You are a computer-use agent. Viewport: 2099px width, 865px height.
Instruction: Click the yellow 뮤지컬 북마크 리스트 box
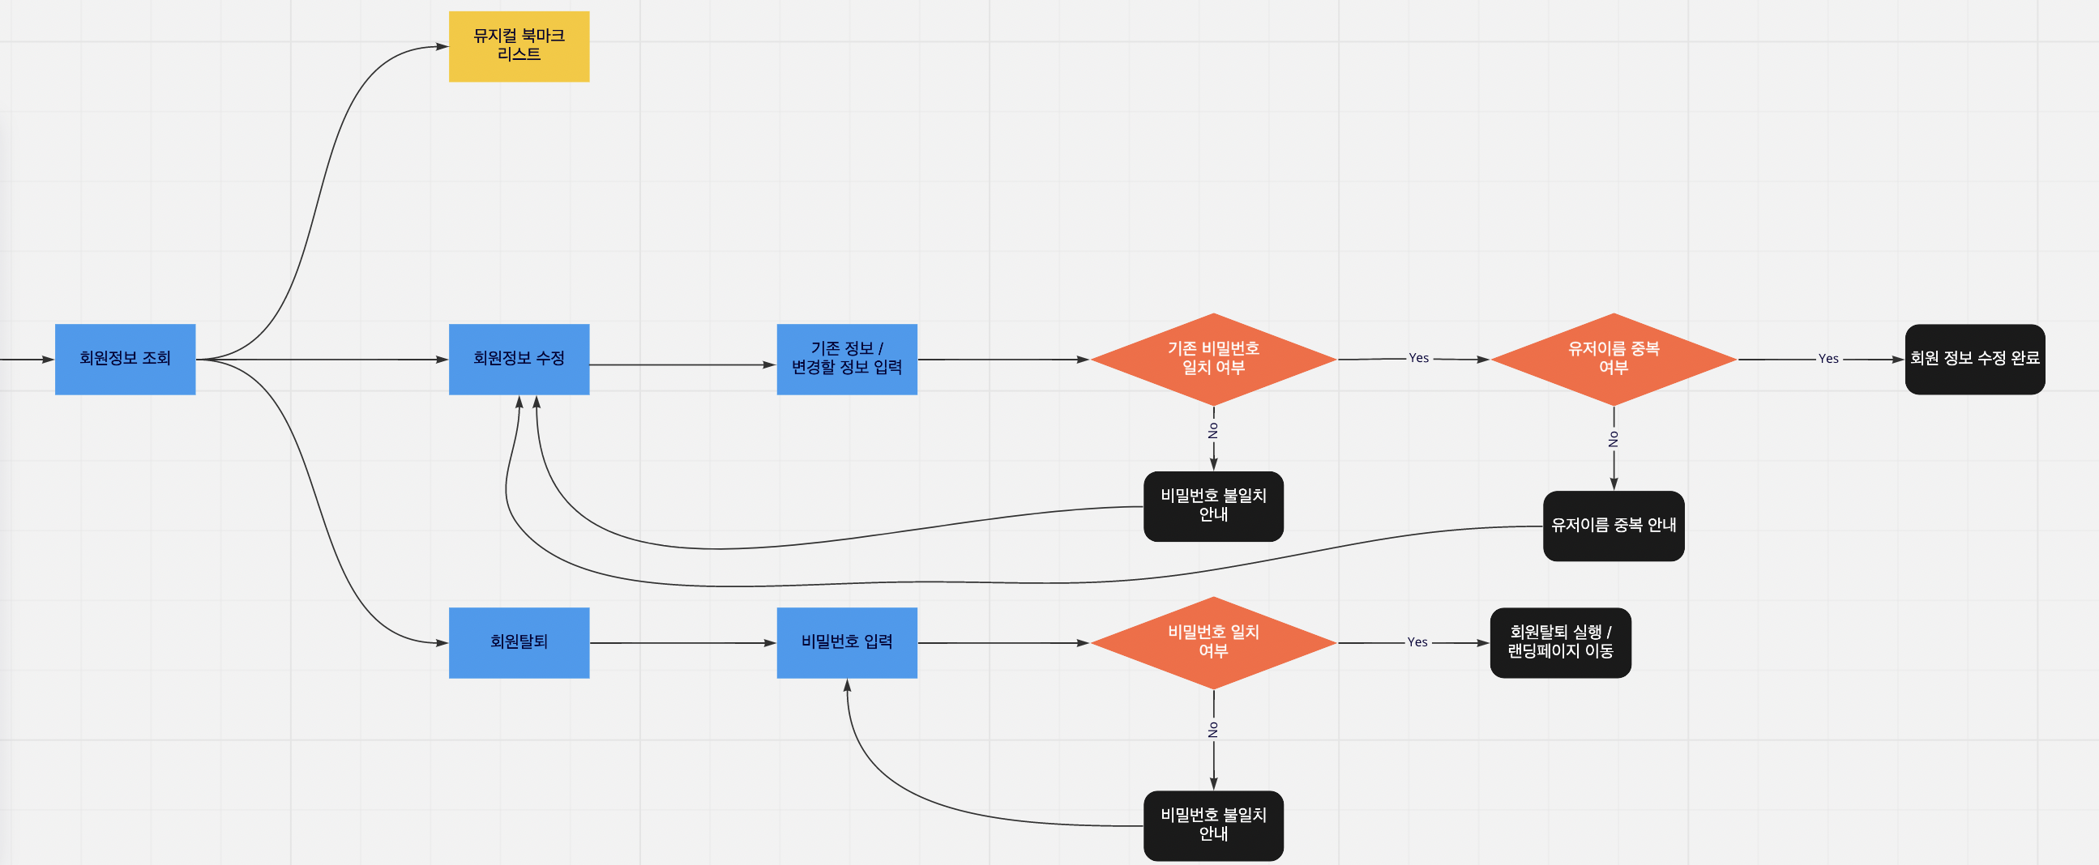[519, 46]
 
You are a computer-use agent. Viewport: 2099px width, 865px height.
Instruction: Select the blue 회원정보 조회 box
[126, 359]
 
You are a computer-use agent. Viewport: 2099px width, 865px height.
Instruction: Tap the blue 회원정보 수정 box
[519, 359]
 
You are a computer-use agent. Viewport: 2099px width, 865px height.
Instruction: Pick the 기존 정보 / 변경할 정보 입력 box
[847, 359]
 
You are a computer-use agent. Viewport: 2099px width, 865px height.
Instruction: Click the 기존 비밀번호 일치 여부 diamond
[1213, 359]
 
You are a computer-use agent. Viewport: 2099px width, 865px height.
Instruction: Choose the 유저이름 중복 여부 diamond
[1614, 359]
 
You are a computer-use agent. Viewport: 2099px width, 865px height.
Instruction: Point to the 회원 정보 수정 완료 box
[1974, 359]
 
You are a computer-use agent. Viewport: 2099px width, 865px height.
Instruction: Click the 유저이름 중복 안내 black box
[1614, 526]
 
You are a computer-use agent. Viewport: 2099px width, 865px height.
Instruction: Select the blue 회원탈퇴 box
[519, 642]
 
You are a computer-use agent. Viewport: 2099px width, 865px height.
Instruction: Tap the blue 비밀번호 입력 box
[847, 642]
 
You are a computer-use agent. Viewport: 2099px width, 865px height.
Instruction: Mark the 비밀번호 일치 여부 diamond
[1213, 642]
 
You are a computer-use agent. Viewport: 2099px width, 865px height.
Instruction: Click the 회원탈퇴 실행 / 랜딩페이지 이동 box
[1560, 642]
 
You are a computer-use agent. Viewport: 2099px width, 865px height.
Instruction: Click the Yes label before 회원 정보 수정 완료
[1828, 359]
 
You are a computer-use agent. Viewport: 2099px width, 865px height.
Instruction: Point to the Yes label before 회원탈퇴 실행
[1417, 642]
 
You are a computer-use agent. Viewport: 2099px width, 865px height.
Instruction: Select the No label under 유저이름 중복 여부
[1614, 439]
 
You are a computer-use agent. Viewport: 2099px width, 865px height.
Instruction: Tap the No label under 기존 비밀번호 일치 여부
[1213, 430]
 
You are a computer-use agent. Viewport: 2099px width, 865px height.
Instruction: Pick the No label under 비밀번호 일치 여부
[1213, 730]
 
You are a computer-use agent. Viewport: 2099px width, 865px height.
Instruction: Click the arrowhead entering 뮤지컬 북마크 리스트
[442, 46]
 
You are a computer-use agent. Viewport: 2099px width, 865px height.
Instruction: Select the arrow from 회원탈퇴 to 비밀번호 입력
[683, 642]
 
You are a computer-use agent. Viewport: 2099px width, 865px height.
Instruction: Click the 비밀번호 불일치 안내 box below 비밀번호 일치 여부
[1213, 825]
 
